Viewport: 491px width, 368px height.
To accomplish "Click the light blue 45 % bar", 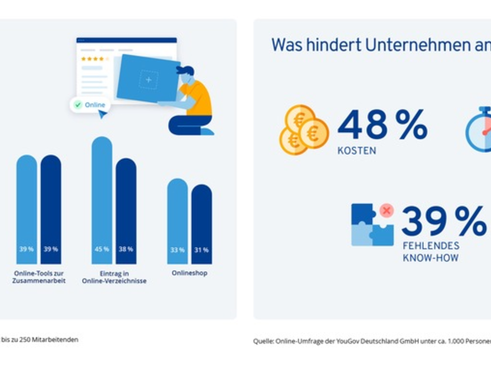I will coord(102,200).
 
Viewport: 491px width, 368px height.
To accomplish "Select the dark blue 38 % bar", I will coord(126,211).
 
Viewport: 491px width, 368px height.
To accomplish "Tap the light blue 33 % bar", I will coord(177,221).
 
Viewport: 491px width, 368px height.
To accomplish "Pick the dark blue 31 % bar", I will coord(201,224).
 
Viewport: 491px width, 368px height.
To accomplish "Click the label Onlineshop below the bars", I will coord(189,273).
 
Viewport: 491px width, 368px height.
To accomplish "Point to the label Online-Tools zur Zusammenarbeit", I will coord(39,277).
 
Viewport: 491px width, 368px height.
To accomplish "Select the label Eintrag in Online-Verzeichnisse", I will coord(114,277).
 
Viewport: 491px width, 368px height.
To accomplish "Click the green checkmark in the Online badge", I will coord(78,105).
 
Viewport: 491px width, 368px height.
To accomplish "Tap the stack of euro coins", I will coord(303,130).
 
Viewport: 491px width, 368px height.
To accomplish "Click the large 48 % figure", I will coord(382,124).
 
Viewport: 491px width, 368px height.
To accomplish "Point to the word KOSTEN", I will coord(356,150).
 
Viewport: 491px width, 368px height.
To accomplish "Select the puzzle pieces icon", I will coord(372,226).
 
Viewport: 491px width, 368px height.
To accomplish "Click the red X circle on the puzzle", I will coord(386,211).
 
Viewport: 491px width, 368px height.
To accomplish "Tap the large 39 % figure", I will coord(444,222).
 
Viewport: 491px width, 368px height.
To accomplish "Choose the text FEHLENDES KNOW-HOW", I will coord(431,252).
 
